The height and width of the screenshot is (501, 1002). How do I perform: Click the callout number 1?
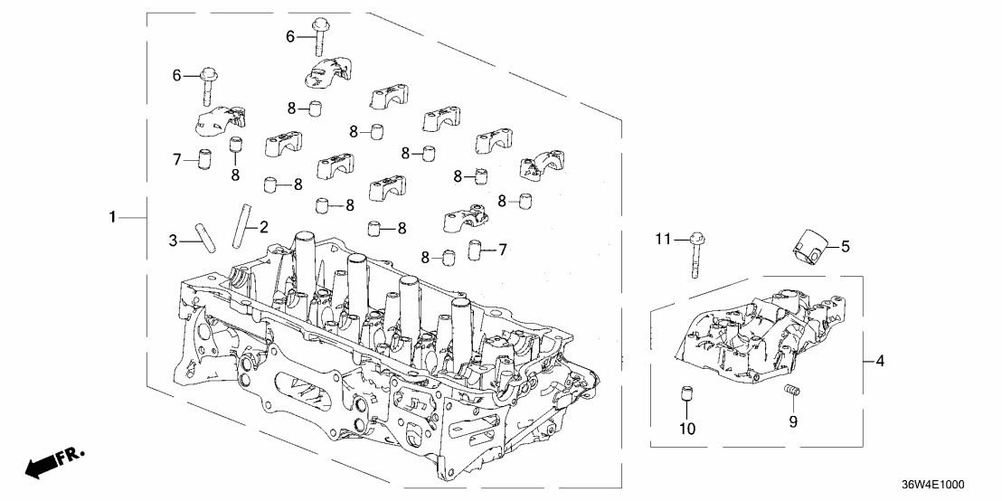[x=112, y=217]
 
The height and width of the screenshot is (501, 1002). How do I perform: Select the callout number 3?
[x=173, y=240]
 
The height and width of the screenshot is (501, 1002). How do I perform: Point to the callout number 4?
[x=879, y=362]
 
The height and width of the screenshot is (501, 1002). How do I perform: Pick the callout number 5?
[x=846, y=245]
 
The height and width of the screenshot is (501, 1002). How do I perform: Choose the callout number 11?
[x=663, y=239]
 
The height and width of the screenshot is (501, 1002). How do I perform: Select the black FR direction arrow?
[x=41, y=468]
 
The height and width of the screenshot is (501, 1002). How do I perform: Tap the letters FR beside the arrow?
[x=69, y=457]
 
